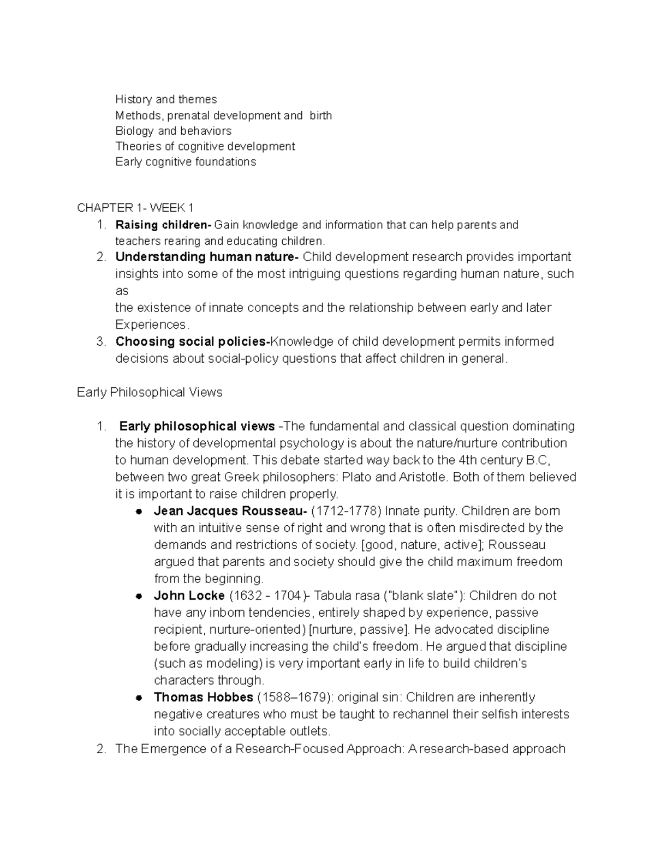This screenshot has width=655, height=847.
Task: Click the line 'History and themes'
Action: pyautogui.click(x=166, y=99)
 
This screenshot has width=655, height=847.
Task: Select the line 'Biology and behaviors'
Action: pyautogui.click(x=173, y=131)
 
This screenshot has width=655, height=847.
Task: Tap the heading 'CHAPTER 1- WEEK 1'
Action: pyautogui.click(x=135, y=208)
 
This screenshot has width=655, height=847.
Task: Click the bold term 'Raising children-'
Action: pyautogui.click(x=163, y=225)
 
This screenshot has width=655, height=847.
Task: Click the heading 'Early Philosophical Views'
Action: pyautogui.click(x=150, y=392)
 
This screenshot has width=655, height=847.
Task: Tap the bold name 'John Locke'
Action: pyautogui.click(x=189, y=596)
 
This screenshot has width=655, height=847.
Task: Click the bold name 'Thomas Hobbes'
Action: pyautogui.click(x=204, y=697)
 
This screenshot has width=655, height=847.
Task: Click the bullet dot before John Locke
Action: pyautogui.click(x=139, y=596)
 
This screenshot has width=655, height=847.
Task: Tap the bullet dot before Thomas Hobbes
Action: pyautogui.click(x=139, y=698)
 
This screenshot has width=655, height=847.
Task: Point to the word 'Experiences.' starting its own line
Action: pyautogui.click(x=152, y=325)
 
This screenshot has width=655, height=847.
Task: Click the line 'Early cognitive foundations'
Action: pyautogui.click(x=186, y=162)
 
